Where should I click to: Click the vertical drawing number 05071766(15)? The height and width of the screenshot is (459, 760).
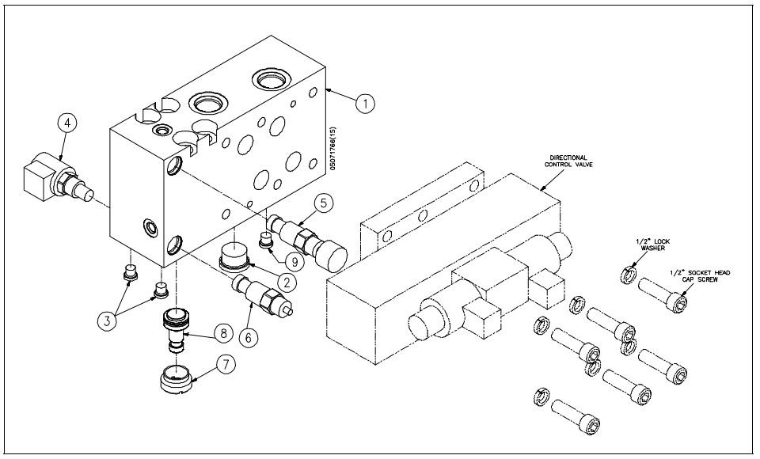[334, 148]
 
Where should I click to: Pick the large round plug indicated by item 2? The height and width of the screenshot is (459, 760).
[233, 260]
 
